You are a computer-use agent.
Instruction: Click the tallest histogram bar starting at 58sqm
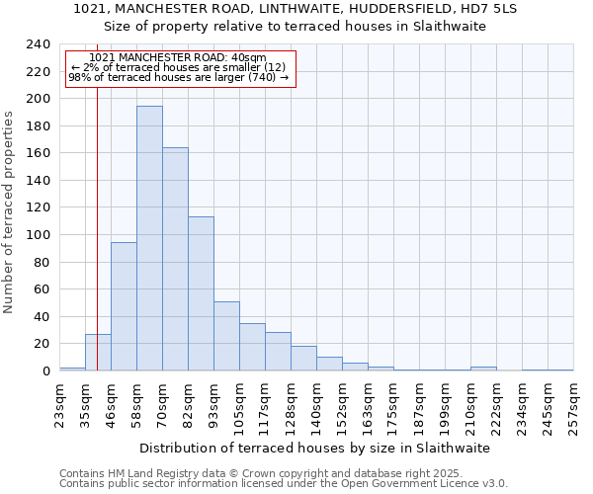149,238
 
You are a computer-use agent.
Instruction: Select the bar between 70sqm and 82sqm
175,259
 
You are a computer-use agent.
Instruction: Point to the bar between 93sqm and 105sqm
226,336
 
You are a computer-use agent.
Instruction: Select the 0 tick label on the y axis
46,370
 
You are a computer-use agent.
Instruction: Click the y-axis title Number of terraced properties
9,211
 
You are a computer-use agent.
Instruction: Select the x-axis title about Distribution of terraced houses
314,448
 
